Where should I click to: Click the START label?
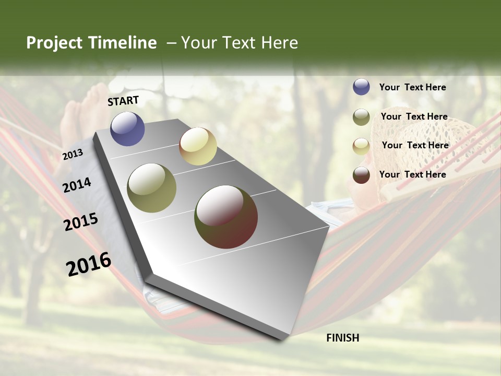coord(123,101)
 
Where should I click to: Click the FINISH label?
coord(342,338)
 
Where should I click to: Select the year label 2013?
coord(73,154)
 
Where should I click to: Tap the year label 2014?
coord(77,185)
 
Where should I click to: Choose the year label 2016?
coord(89,264)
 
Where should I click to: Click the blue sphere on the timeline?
coord(127,128)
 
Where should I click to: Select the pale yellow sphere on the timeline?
coord(198,146)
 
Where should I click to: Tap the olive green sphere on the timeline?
coord(152,188)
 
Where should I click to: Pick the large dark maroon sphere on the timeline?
coord(226,217)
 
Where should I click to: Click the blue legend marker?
coord(361,87)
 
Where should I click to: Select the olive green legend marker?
coord(361,117)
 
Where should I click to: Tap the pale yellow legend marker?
coord(361,146)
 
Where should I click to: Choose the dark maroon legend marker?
coord(361,175)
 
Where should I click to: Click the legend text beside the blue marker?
coord(412,87)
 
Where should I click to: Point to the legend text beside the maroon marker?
coord(412,174)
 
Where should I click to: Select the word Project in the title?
coord(54,43)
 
